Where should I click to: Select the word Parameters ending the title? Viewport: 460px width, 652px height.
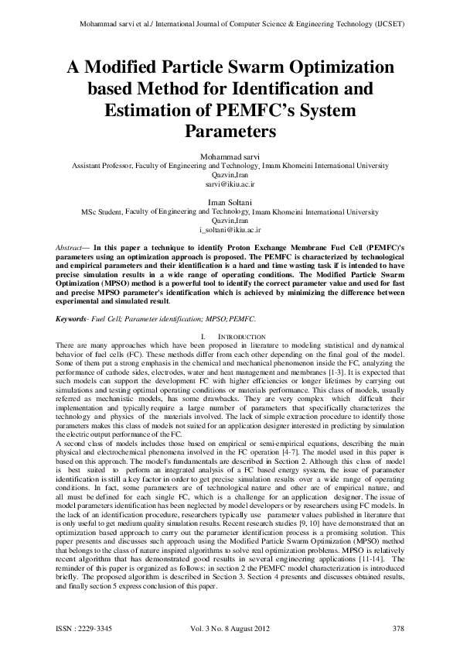tap(230, 132)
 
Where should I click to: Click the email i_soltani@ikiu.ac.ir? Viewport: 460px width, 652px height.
tap(230, 230)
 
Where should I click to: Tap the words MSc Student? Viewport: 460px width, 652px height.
tap(102, 211)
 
